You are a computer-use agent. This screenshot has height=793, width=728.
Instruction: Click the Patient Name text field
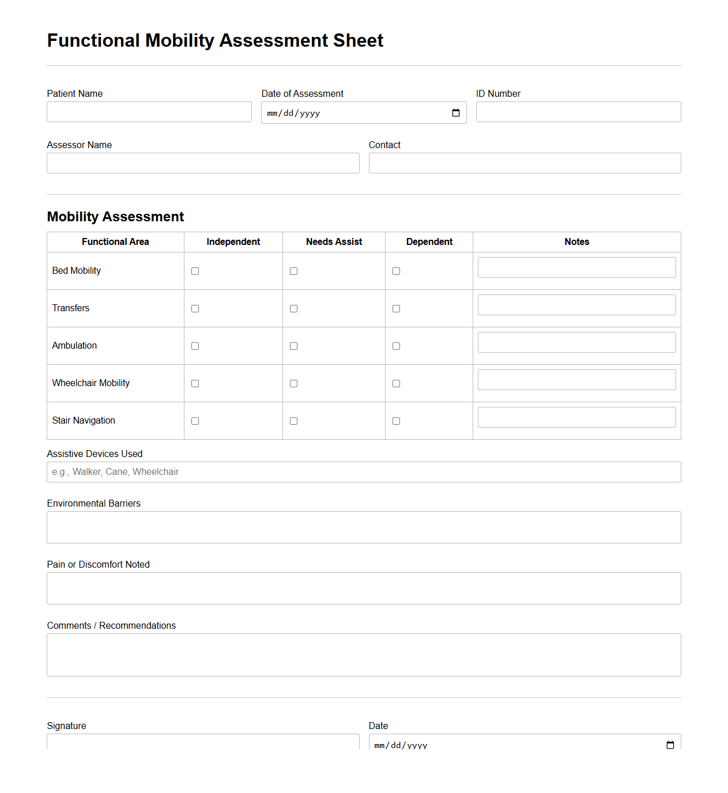(x=149, y=112)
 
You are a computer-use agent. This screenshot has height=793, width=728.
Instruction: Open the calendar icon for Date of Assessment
(x=455, y=113)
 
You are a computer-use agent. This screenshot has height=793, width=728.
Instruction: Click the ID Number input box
(x=578, y=112)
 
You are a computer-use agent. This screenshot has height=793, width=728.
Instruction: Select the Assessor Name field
(x=203, y=163)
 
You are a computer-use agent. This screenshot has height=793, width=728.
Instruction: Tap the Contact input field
(x=525, y=163)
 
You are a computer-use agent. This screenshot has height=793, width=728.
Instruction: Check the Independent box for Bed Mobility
(x=195, y=271)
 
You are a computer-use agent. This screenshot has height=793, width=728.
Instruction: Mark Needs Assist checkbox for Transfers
(x=293, y=308)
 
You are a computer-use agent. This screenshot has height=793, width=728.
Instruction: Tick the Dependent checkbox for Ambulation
(x=396, y=346)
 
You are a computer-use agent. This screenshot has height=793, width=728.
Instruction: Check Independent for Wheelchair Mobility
(x=195, y=383)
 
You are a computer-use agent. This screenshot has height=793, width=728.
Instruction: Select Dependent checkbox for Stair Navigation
(x=396, y=421)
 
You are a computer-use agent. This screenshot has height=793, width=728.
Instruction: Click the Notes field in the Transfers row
(x=576, y=305)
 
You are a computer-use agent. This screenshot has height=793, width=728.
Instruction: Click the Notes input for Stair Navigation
(x=576, y=417)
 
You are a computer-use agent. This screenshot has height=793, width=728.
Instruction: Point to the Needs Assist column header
(x=334, y=242)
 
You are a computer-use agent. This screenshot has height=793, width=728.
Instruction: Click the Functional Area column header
(x=115, y=242)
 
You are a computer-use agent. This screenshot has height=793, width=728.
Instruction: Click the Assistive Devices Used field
(x=364, y=472)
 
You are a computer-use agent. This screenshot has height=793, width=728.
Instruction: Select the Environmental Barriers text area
(x=364, y=527)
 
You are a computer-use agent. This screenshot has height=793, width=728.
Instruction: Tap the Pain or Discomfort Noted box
(x=364, y=588)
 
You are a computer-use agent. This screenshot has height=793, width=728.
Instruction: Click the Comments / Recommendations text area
(x=364, y=655)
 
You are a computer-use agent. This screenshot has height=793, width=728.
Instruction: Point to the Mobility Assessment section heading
(x=115, y=217)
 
